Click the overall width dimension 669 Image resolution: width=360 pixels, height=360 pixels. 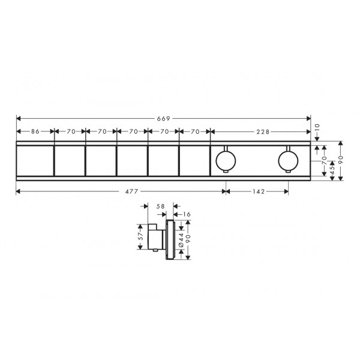click(x=163, y=119)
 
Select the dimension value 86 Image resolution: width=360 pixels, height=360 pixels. click(x=35, y=131)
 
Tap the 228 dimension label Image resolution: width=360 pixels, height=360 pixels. click(x=263, y=132)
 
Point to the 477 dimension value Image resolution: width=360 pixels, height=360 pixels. click(x=131, y=191)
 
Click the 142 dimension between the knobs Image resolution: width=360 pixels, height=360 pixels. click(x=259, y=191)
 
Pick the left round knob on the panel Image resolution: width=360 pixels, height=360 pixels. click(x=226, y=160)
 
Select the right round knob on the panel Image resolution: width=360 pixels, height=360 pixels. click(x=288, y=160)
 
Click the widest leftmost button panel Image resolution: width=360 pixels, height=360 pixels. click(x=35, y=161)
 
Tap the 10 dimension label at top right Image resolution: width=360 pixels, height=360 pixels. click(x=317, y=127)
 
